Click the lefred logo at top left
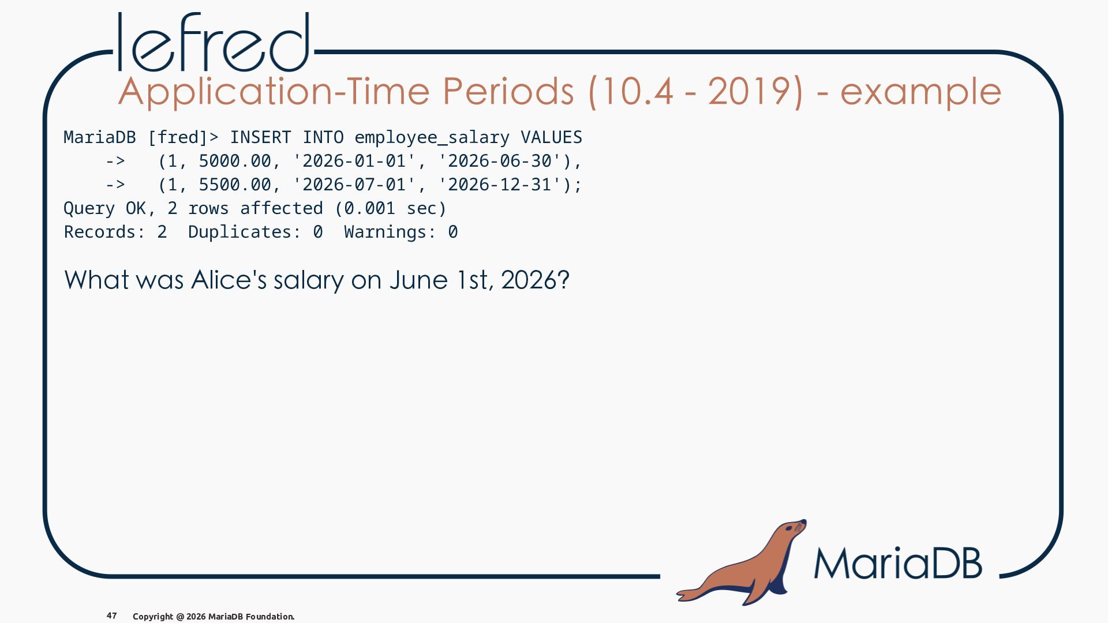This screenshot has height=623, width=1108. point(214,42)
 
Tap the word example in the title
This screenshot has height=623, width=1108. point(920,92)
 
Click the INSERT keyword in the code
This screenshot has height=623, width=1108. point(260,137)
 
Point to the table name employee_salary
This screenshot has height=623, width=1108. point(432,138)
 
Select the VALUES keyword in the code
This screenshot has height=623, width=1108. point(552,137)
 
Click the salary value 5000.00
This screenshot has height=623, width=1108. point(235,161)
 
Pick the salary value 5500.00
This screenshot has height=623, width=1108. point(235,185)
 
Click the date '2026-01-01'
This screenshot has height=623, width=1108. point(354,161)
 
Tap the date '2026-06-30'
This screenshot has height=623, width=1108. point(500,161)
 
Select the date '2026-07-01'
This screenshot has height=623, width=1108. point(354,185)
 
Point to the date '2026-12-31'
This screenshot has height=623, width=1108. point(500,185)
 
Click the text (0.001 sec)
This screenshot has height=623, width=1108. point(390,208)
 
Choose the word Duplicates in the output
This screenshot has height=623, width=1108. point(245,232)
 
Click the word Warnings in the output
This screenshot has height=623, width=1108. point(390,232)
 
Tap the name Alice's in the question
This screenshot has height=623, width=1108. point(229,280)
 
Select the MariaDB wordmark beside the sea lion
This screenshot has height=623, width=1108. point(898,563)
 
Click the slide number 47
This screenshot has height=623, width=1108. point(112,616)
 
